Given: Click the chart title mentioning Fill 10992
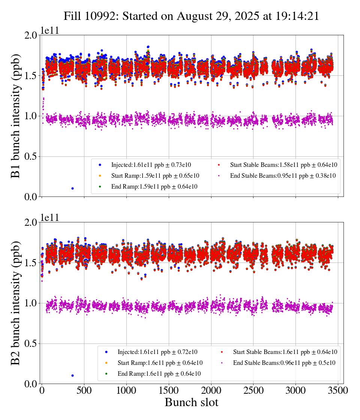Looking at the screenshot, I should (191, 16).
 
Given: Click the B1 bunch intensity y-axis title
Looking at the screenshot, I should (16, 116).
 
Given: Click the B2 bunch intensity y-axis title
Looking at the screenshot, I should (16, 303).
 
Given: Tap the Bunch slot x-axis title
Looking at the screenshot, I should (191, 402).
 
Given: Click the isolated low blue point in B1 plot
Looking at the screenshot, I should (72, 188).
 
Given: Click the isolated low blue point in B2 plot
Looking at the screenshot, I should (72, 375).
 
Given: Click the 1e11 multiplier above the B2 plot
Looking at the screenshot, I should (50, 217).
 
